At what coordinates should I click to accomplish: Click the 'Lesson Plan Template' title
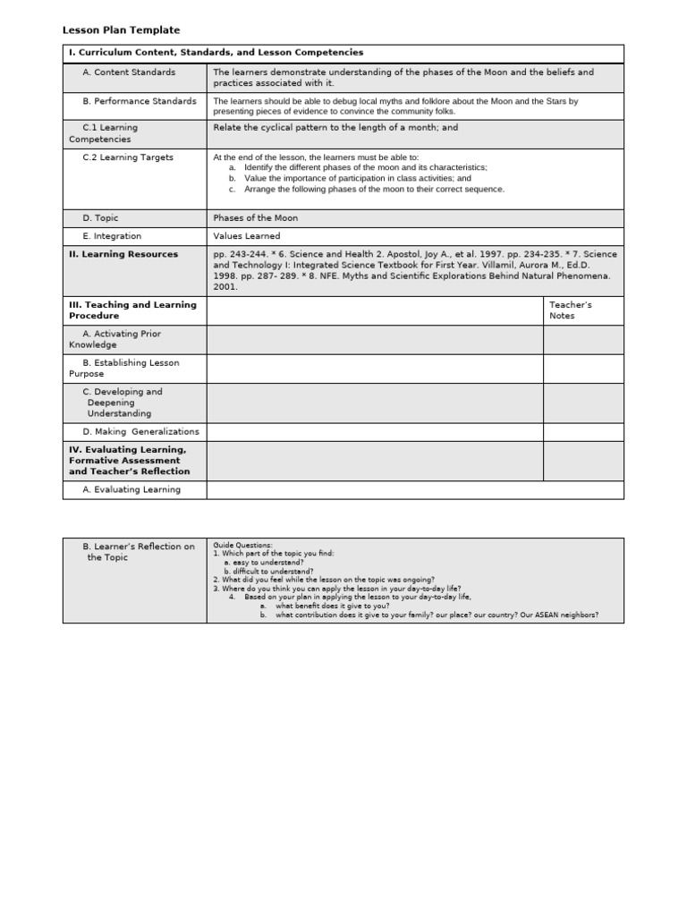pyautogui.click(x=121, y=30)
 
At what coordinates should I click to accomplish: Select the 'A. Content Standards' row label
pyautogui.click(x=129, y=72)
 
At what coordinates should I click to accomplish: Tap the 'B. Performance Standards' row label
pyautogui.click(x=139, y=101)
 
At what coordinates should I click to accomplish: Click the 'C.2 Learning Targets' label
pyautogui.click(x=128, y=157)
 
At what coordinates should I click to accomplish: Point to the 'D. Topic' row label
pyautogui.click(x=100, y=218)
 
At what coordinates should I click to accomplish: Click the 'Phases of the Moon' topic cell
pyautogui.click(x=256, y=218)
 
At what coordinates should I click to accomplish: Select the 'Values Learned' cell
pyautogui.click(x=246, y=236)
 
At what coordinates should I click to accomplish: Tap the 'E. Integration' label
pyautogui.click(x=112, y=236)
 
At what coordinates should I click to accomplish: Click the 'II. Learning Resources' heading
pyautogui.click(x=123, y=254)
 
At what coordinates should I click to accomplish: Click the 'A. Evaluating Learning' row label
pyautogui.click(x=131, y=489)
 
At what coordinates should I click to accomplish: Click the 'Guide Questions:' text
pyautogui.click(x=242, y=545)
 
